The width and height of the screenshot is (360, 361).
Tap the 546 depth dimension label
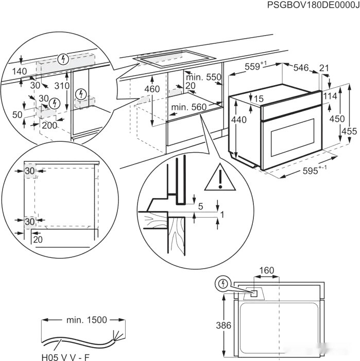[301, 67]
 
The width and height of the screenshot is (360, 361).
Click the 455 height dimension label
[349, 131]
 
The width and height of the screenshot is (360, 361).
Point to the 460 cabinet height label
[152, 89]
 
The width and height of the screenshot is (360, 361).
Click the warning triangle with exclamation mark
[219, 178]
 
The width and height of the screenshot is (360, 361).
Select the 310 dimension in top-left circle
[63, 85]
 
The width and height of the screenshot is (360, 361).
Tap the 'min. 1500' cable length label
[87, 320]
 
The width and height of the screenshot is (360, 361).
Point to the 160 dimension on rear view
[266, 270]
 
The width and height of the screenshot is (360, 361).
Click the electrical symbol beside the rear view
[223, 284]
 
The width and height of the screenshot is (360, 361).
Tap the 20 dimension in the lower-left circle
[38, 239]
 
